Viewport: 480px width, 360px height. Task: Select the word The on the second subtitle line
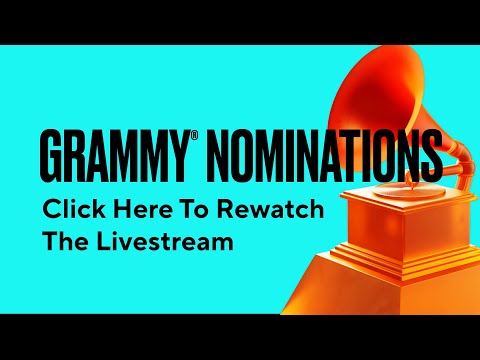62,243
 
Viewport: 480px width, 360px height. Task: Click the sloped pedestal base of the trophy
400,285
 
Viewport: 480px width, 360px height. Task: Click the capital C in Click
49,211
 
